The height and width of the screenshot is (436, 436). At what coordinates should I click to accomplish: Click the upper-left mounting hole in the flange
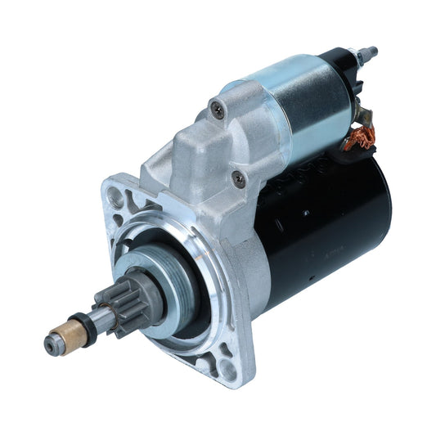116,197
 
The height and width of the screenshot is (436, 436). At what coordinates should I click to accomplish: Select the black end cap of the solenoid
339,65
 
